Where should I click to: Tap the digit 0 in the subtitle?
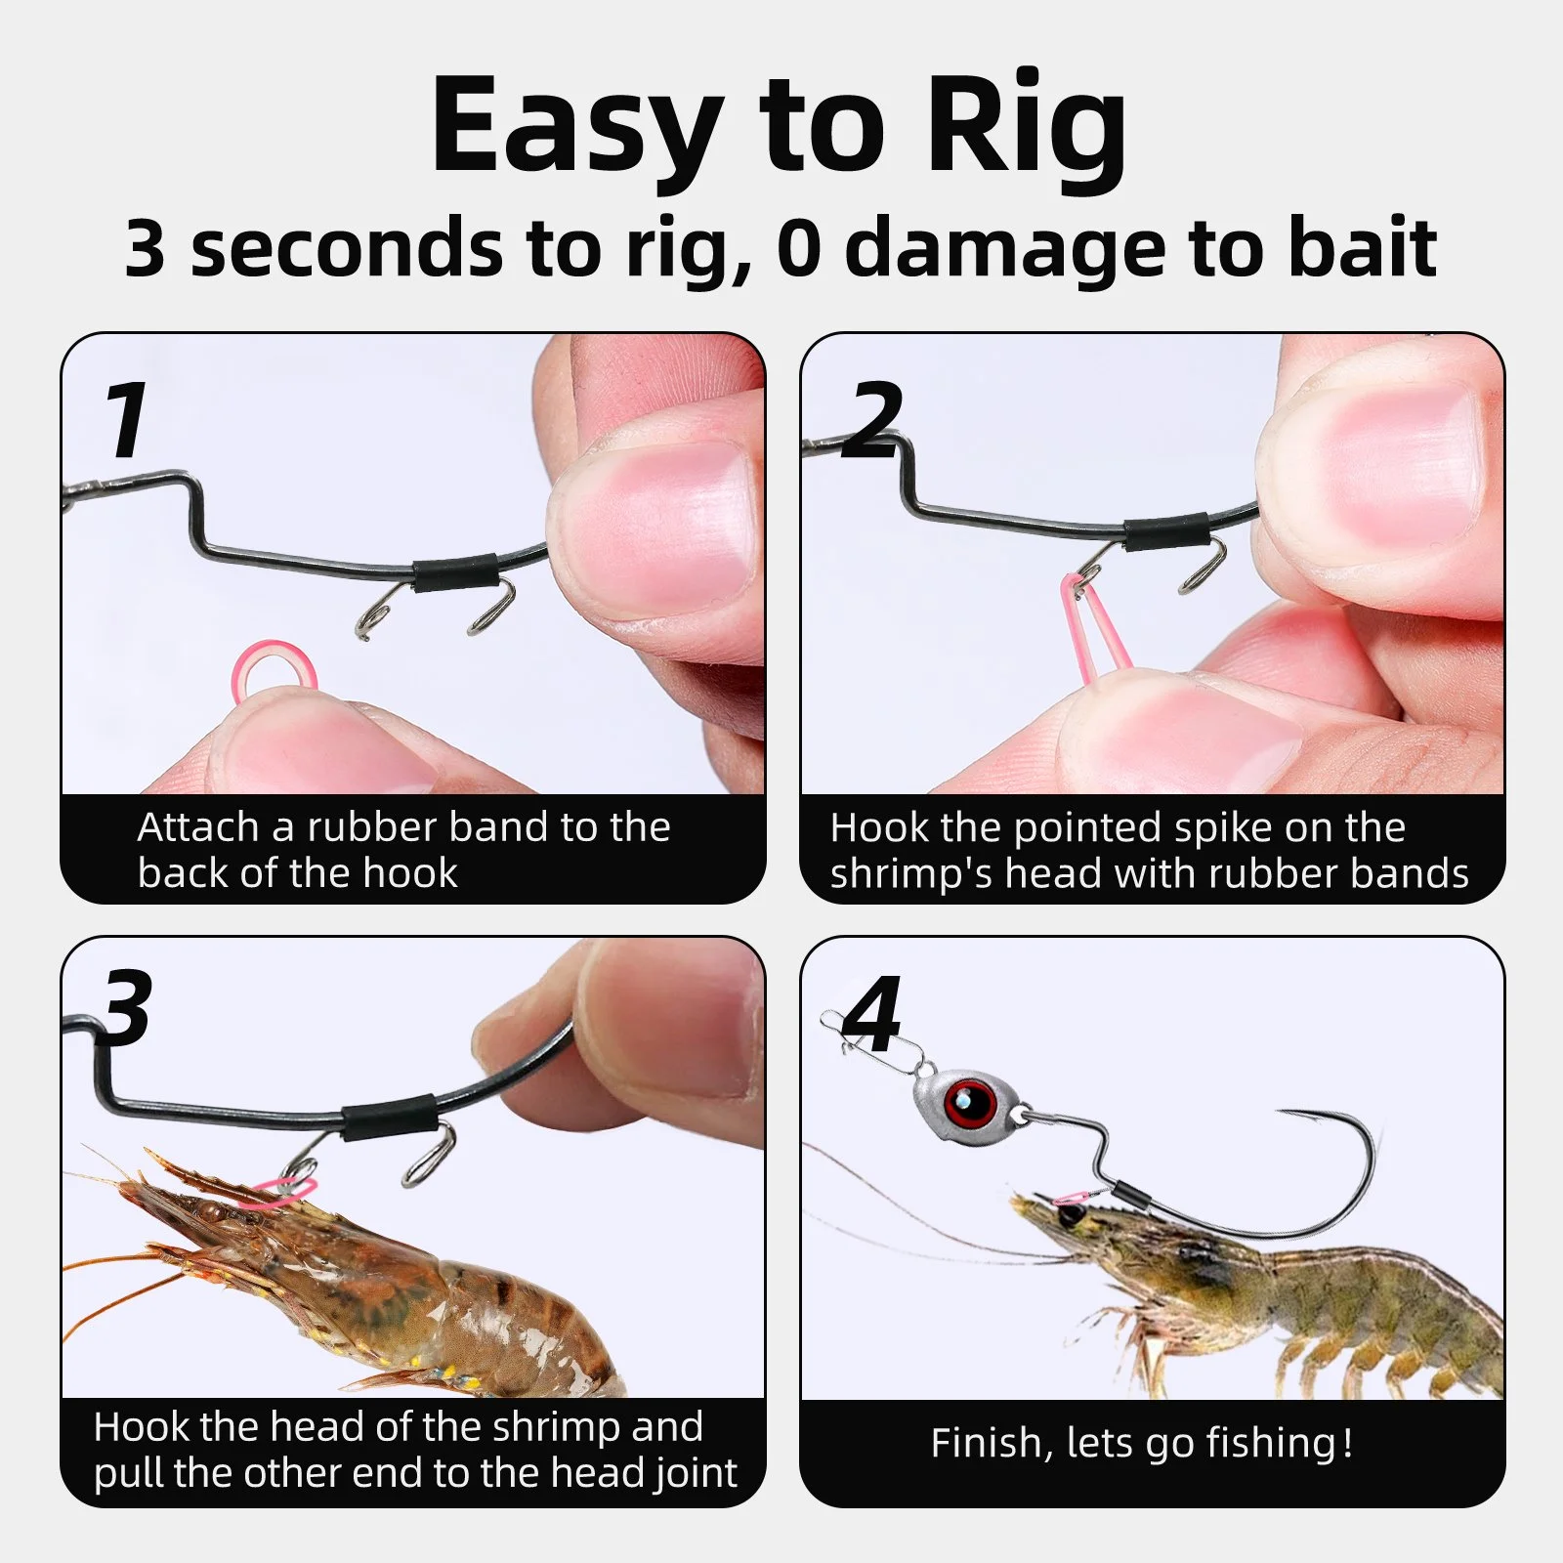coord(799,248)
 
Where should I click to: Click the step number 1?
coord(126,420)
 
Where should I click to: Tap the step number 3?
coord(126,1008)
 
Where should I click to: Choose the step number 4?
coord(871,1013)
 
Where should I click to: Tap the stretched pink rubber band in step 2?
coord(1095,625)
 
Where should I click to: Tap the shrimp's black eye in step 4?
coord(1072,1214)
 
